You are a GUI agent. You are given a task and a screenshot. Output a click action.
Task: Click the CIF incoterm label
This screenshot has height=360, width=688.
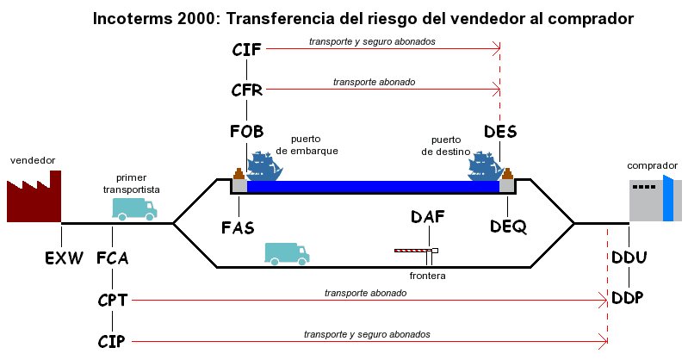247,48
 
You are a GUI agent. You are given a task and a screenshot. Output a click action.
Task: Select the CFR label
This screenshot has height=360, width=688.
247,90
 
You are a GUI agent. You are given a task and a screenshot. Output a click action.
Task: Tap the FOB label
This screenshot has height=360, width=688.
247,131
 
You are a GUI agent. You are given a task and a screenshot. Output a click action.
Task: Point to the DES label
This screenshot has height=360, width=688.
500,131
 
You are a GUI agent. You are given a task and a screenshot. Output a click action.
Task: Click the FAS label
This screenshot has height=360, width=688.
238,227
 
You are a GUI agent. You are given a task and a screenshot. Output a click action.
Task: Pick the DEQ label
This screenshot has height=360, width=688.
508,226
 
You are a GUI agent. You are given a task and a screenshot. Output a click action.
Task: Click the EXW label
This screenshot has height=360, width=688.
62,258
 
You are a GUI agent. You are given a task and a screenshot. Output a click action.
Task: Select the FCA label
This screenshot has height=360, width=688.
113,258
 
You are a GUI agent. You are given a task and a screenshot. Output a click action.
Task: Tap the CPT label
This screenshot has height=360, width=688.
113,300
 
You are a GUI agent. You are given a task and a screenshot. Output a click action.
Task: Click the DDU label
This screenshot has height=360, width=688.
629,258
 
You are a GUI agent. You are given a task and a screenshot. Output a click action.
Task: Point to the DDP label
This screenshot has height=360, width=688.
629,297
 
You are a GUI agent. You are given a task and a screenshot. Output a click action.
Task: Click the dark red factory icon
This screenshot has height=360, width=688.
35,196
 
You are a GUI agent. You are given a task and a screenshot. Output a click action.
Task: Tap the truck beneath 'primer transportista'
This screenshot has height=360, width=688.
134,208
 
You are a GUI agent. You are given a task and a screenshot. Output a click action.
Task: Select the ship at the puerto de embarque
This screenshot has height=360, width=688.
264,166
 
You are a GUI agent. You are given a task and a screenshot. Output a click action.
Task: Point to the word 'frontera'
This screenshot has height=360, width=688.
428,276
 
